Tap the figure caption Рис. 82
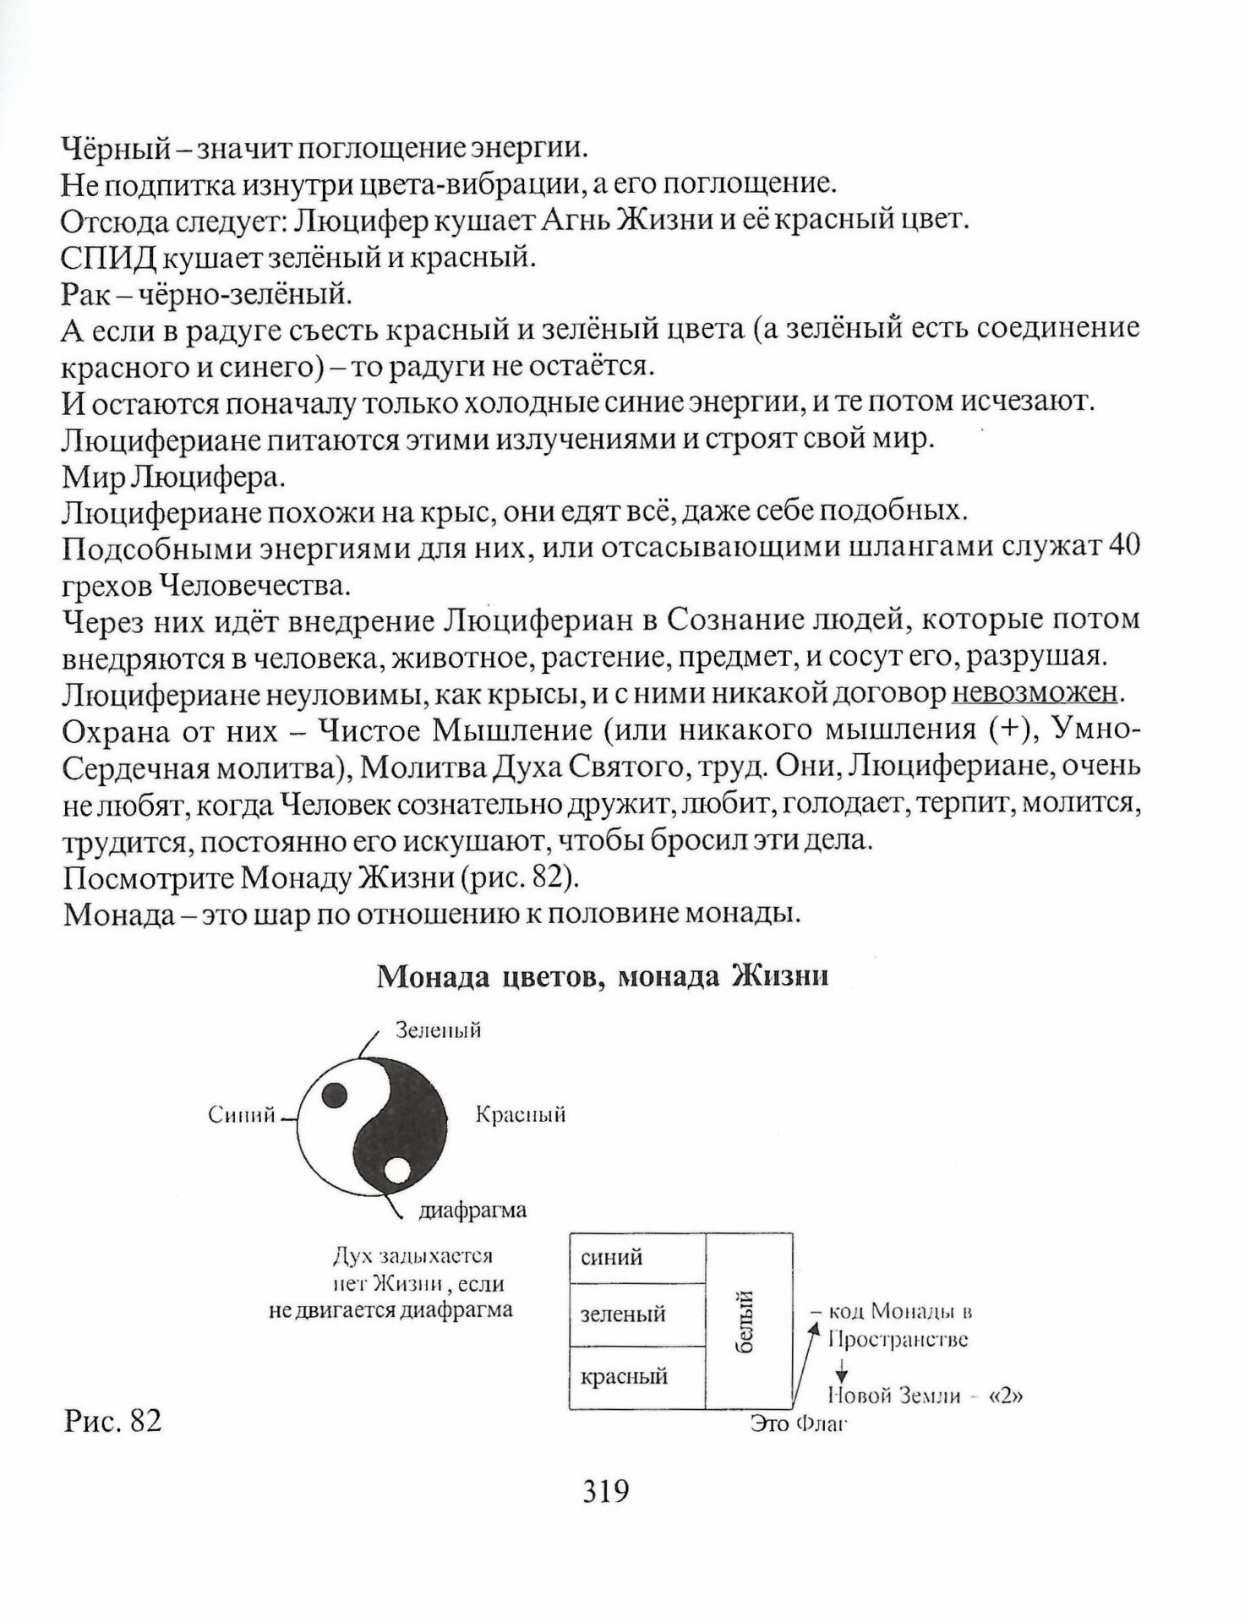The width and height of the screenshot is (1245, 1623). tap(112, 1421)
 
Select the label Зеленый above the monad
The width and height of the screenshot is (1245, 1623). tap(439, 1030)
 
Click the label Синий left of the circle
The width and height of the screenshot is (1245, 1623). tap(242, 1115)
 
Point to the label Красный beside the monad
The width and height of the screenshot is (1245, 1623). tap(521, 1114)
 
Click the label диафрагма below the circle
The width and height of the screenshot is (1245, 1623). tap(472, 1210)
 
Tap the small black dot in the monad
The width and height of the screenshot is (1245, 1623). tap(336, 1092)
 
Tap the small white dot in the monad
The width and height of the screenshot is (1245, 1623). tap(397, 1172)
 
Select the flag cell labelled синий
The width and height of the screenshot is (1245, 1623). tap(637, 1258)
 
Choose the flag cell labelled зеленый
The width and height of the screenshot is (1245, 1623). tap(637, 1314)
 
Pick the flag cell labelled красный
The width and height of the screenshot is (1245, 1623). tap(637, 1376)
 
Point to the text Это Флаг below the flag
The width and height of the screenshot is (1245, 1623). tap(798, 1424)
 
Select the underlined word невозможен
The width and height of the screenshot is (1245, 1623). tap(1035, 693)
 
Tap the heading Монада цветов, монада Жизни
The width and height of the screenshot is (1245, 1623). tap(602, 975)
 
